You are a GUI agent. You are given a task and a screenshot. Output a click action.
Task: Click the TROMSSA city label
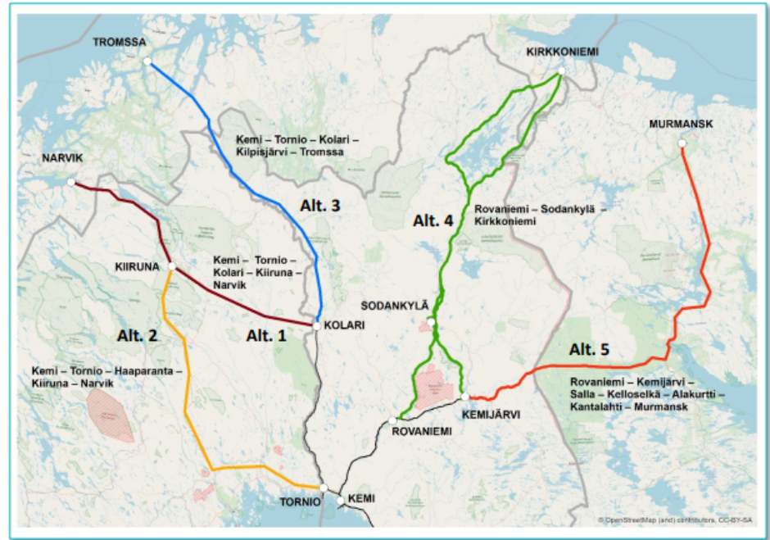point(119,42)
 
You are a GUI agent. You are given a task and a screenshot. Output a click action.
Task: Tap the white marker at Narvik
point(72,182)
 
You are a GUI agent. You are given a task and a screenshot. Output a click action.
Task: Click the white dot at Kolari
point(316,325)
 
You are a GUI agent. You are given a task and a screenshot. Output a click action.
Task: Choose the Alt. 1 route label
point(266,334)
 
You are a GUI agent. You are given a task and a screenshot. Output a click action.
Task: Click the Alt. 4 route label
point(432,220)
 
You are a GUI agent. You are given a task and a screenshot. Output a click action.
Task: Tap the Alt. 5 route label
point(589,350)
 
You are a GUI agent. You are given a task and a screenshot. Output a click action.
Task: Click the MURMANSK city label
point(682,124)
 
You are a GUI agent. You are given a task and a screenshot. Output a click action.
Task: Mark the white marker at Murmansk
point(682,143)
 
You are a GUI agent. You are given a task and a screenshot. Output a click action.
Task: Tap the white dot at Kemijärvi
point(464,397)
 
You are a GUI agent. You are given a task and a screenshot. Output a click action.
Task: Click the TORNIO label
point(300,501)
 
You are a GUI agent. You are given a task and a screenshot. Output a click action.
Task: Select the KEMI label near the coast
point(361,498)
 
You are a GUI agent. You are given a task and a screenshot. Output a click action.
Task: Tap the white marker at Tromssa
point(147,61)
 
